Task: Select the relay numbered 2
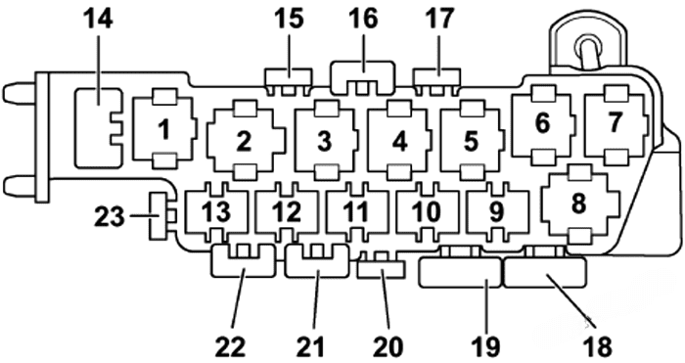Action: click(245, 141)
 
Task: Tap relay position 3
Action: click(324, 141)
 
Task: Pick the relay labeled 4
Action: click(398, 141)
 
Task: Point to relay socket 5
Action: click(471, 141)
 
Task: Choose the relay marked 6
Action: click(542, 125)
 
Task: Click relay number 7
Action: click(615, 125)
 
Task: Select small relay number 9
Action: click(495, 209)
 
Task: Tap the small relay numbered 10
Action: click(426, 209)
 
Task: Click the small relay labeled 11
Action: click(356, 209)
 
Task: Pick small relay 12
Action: click(286, 209)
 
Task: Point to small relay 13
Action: click(214, 209)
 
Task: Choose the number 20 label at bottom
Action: click(388, 344)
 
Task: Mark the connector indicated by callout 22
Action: click(242, 262)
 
